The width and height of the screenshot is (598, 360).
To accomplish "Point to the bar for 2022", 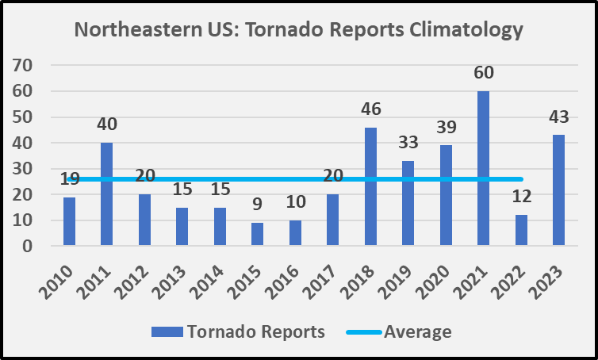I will tap(521, 231).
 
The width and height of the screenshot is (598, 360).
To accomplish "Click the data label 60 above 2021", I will tap(483, 73).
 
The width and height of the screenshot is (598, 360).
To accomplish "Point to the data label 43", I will tap(558, 117).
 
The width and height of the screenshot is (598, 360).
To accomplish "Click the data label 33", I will tap(407, 144).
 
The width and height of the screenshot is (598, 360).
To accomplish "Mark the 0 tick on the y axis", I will tap(27, 247).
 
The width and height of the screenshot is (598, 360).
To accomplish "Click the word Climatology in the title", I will tap(459, 31).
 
